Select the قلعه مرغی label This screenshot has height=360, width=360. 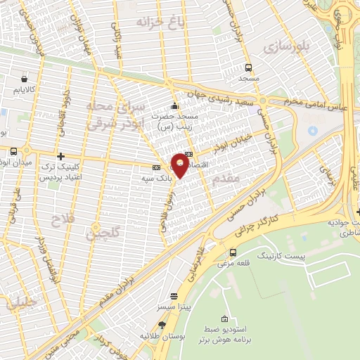point(233,263)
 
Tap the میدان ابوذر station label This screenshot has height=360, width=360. point(15,164)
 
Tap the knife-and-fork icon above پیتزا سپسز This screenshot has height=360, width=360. point(174,296)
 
